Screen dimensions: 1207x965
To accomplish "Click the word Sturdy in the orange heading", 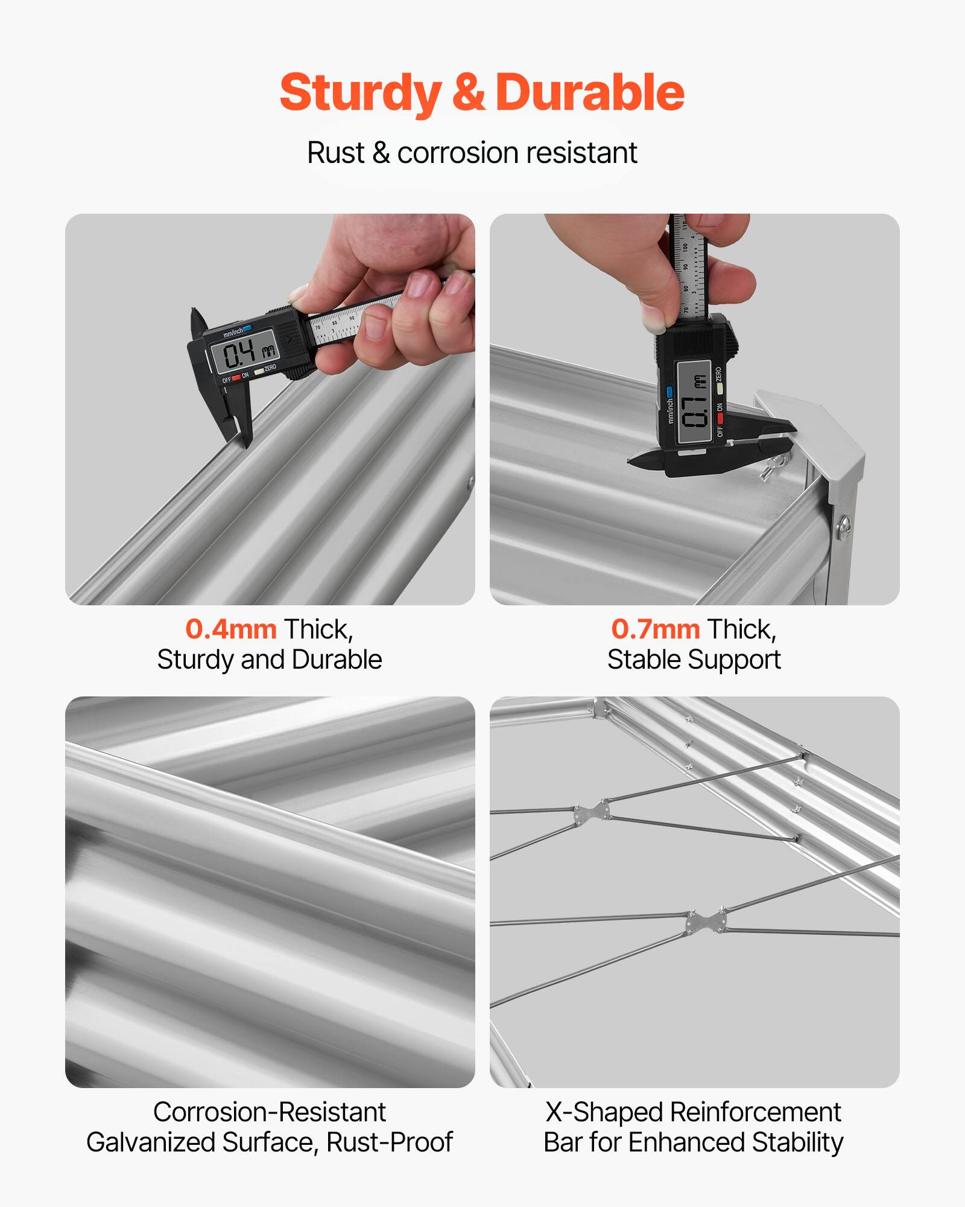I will (360, 92).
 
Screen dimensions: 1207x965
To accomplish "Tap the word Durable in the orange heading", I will (589, 92).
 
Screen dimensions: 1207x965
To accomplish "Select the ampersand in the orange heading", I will (468, 92).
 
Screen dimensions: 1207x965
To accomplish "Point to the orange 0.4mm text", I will (231, 629).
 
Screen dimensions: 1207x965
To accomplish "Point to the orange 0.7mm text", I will (656, 629).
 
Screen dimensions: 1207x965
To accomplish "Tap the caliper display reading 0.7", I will (694, 402).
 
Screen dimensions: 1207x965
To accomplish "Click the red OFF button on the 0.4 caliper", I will (236, 377).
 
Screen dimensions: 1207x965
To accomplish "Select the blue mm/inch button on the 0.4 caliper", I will (247, 328).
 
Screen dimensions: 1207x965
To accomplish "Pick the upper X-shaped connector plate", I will (592, 812).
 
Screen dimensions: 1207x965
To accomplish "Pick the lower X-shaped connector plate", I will (706, 922).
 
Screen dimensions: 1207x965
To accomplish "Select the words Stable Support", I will (694, 660).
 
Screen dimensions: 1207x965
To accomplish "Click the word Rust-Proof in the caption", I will (390, 1142).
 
